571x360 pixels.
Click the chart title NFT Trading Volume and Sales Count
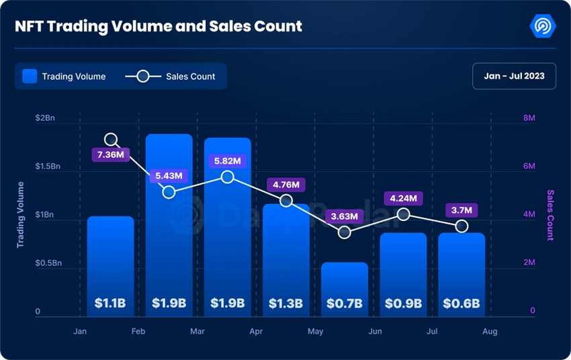click(159, 27)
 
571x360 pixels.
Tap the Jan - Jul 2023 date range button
click(515, 76)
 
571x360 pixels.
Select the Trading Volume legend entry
click(64, 77)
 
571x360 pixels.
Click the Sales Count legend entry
click(171, 77)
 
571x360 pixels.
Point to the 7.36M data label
click(111, 155)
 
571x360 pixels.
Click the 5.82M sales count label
click(227, 161)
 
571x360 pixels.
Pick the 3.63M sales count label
click(343, 216)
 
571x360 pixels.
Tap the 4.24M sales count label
click(402, 198)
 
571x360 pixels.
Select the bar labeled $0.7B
click(344, 289)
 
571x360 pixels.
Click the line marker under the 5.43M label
click(169, 192)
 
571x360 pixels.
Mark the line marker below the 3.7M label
click(461, 226)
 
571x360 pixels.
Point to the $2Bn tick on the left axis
click(49, 118)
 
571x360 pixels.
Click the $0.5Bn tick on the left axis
click(48, 263)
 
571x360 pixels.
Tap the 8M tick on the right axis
click(529, 118)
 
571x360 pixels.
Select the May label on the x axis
click(315, 332)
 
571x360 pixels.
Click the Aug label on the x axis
click(490, 332)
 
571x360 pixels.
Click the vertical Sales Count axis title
click(550, 215)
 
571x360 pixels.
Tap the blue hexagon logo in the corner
click(542, 27)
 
